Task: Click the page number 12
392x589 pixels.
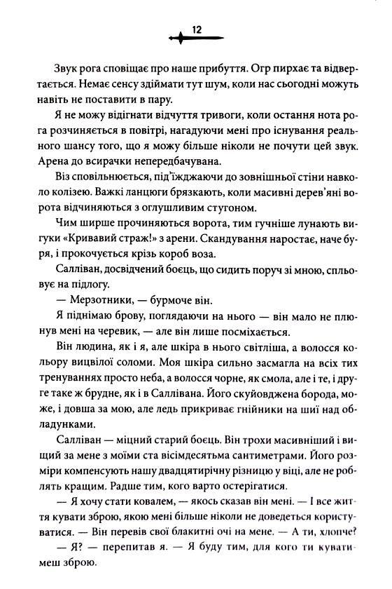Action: coord(196,29)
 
